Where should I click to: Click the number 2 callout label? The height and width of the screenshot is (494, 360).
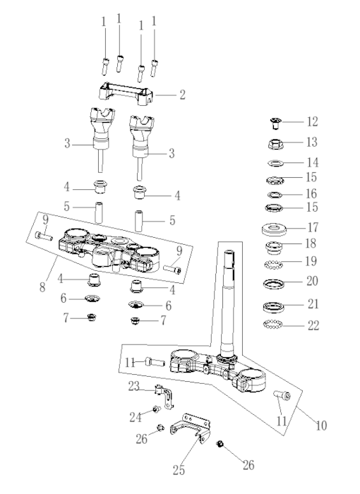(183, 95)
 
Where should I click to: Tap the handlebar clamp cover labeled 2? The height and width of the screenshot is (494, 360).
(126, 93)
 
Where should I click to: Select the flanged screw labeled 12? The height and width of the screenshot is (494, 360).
(276, 123)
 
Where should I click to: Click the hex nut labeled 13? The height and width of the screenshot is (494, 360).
(275, 144)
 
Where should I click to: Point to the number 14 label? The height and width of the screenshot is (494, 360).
(313, 162)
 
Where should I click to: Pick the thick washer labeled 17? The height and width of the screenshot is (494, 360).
(274, 229)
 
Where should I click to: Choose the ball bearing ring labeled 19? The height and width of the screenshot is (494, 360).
(273, 265)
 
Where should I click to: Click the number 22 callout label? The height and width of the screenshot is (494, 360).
(313, 325)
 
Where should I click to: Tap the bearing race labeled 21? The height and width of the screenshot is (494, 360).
(273, 307)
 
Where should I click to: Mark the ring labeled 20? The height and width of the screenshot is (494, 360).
(273, 284)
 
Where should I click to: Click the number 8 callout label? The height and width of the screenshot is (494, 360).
(42, 287)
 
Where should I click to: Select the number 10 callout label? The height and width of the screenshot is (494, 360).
(321, 426)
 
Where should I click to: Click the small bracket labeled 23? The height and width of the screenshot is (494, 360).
(165, 396)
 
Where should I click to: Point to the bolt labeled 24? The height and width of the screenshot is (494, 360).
(156, 409)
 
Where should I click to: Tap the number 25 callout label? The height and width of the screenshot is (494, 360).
(179, 471)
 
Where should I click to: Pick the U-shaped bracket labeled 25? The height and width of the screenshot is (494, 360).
(190, 429)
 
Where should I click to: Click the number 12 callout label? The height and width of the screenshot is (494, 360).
(313, 121)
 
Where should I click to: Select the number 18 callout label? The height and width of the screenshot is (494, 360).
(311, 243)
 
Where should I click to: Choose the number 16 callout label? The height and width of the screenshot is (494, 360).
(311, 193)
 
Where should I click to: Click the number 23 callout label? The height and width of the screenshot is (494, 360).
(134, 386)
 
